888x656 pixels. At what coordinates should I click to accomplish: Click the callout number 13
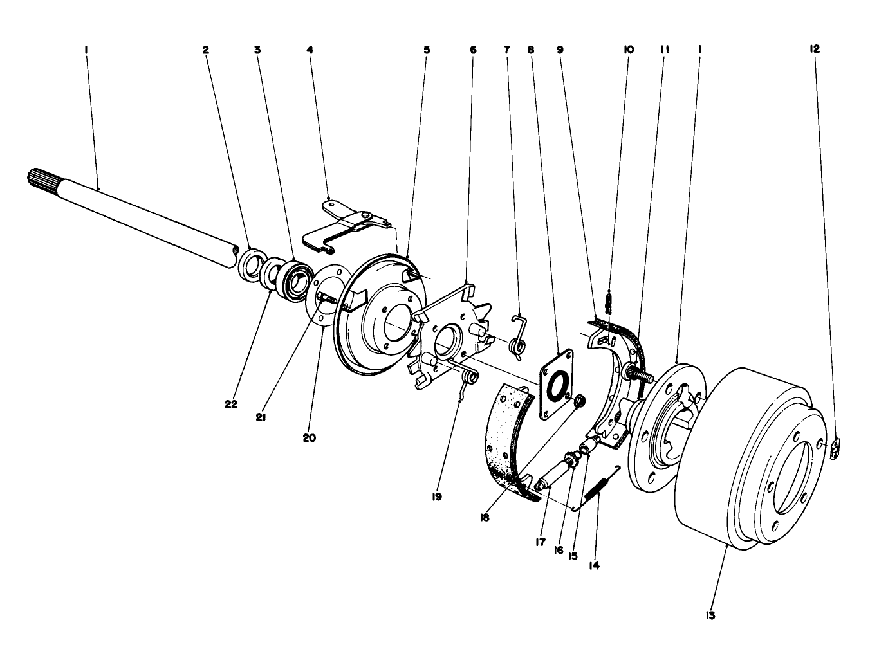(710, 615)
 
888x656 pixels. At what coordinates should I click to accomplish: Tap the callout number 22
(231, 405)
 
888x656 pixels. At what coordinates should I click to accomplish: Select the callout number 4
(310, 49)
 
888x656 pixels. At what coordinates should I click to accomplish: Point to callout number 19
(437, 497)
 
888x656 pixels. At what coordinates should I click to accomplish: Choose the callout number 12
(815, 49)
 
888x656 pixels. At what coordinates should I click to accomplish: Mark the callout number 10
(629, 49)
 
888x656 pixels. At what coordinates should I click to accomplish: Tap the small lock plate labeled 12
(836, 448)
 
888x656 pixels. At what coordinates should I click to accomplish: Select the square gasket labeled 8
(555, 383)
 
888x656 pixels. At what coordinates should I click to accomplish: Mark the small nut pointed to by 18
(578, 402)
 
